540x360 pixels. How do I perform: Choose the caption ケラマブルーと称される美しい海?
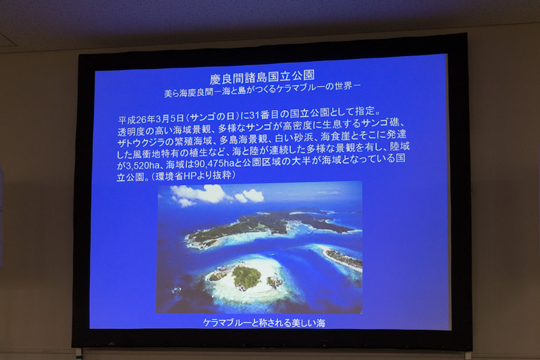[x=265, y=323]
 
